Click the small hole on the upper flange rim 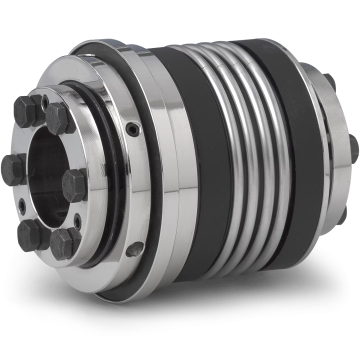point(134,127)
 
